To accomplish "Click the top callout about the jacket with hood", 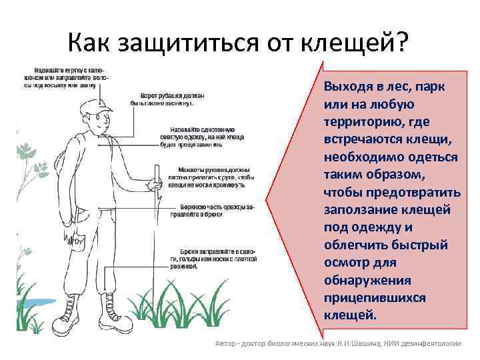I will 67,77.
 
